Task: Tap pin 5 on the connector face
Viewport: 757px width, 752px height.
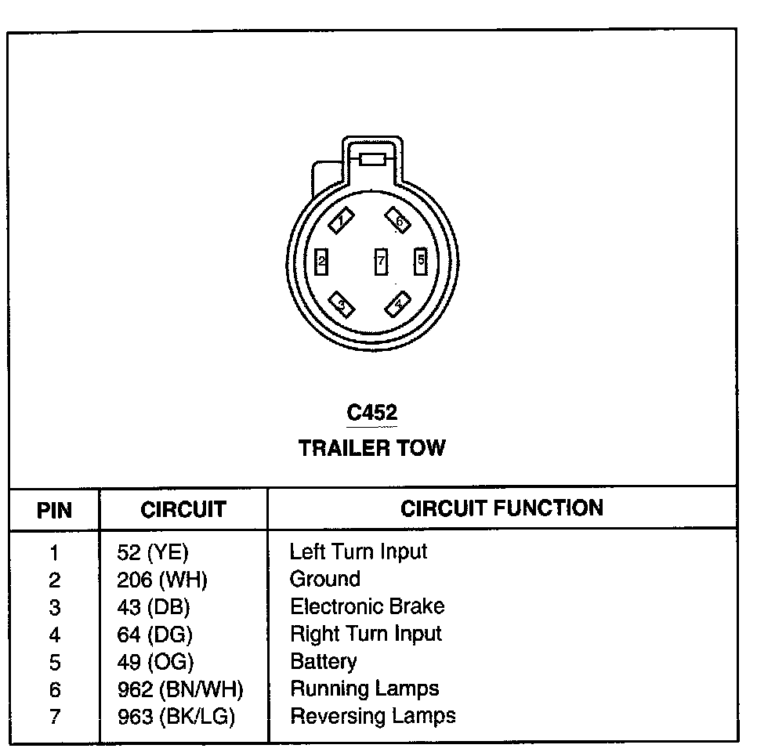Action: coord(421,259)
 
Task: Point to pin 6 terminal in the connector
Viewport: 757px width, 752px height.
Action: coord(398,222)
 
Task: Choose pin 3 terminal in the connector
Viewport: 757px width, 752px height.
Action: coord(341,303)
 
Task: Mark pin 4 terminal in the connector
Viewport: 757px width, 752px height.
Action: coord(399,302)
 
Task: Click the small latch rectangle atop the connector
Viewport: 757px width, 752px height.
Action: coord(371,159)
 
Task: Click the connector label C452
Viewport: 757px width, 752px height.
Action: coord(372,413)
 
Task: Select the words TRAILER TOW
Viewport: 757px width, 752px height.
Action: coord(372,448)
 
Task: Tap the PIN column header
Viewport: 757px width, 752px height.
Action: coord(54,511)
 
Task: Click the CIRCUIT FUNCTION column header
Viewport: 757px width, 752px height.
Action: coord(502,508)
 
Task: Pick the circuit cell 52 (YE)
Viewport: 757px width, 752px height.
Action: coord(153,553)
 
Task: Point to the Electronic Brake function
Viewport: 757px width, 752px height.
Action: coord(367,607)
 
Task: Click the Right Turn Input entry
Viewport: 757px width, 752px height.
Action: coord(366,634)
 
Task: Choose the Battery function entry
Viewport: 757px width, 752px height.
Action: coord(324,661)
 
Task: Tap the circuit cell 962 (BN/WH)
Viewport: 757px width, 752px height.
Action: coord(180,689)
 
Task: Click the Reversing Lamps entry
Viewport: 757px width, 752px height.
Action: coord(372,716)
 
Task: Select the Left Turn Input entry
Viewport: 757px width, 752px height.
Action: coord(358,551)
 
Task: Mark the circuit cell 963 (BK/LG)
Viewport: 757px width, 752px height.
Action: coord(176,717)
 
